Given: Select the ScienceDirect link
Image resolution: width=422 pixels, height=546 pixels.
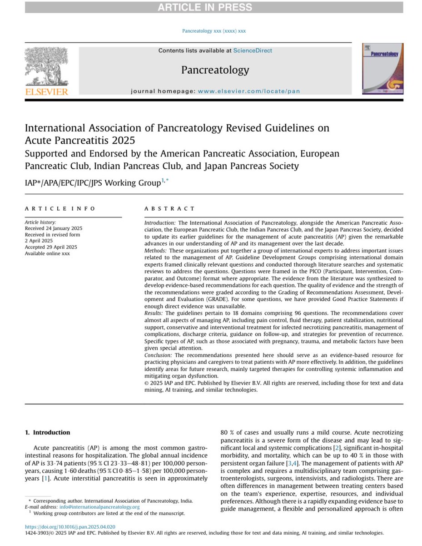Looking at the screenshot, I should [253, 51].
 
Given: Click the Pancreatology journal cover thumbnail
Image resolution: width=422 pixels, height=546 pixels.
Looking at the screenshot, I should [382, 69].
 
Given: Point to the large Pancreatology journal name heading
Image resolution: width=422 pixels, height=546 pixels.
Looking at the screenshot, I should [215, 70].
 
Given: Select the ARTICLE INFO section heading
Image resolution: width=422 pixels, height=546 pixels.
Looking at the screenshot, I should [60, 208].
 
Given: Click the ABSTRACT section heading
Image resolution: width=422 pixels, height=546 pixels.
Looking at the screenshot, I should [169, 208].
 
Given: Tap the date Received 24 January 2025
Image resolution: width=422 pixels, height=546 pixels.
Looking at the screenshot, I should [53, 228].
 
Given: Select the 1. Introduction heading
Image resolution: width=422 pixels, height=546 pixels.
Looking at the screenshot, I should [47, 432].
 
